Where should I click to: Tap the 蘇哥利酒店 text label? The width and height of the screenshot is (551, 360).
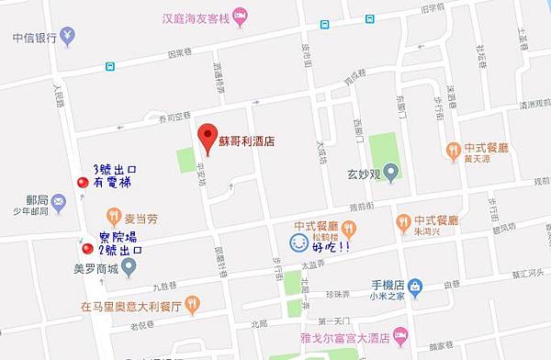246,142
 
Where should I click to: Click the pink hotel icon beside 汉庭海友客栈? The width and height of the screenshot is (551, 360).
241,16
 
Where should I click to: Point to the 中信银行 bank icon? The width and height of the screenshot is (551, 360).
70,39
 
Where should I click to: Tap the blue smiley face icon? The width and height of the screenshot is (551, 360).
298,243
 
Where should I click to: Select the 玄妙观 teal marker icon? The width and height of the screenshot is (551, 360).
390,171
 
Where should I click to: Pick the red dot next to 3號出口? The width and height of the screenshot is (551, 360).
84,183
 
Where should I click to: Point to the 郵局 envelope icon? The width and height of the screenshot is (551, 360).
59,201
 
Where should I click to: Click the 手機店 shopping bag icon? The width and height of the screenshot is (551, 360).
414,287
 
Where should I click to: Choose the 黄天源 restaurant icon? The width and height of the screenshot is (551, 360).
453,149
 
